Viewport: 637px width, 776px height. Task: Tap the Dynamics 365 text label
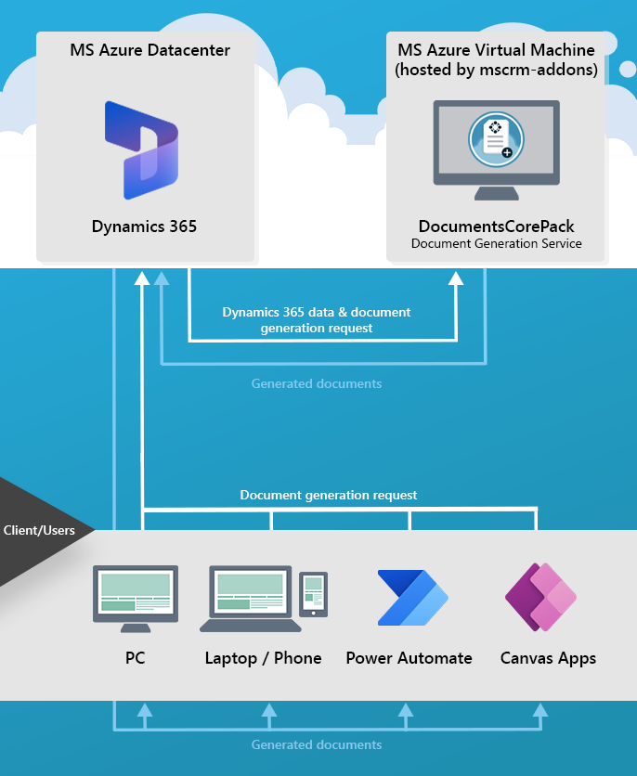click(x=144, y=226)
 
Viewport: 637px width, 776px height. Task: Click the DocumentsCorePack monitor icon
click(x=496, y=149)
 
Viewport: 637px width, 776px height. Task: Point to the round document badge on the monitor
click(x=496, y=139)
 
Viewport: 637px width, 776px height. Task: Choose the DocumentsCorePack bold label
click(x=496, y=226)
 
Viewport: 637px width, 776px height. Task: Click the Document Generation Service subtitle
click(x=496, y=243)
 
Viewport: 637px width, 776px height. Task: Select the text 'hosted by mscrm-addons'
click(x=496, y=71)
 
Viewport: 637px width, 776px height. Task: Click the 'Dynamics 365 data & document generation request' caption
click(x=317, y=319)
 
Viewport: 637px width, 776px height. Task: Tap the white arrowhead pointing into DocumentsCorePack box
click(x=456, y=278)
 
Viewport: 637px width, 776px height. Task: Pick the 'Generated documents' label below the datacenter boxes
click(x=317, y=383)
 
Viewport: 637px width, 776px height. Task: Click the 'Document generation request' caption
click(x=329, y=495)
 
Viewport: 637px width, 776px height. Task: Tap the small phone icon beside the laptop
click(x=314, y=594)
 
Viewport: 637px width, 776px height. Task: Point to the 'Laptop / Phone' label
click(x=263, y=658)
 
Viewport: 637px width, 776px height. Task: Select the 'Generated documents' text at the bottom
click(x=317, y=744)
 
